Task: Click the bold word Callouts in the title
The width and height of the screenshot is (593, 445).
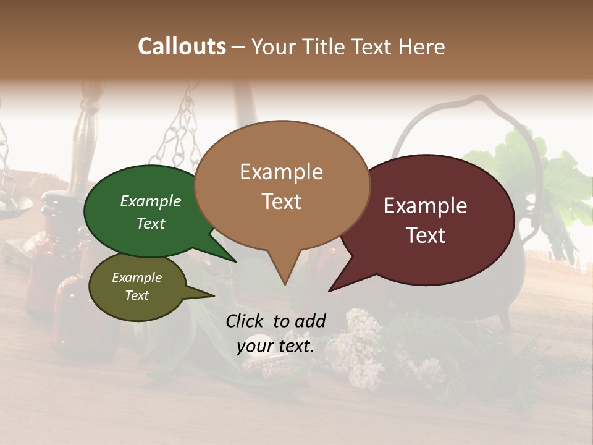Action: point(182,46)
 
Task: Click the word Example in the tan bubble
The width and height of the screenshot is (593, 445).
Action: point(281,171)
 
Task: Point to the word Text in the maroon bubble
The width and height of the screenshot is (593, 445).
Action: point(426,235)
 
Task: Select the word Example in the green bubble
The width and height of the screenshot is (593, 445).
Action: point(150,201)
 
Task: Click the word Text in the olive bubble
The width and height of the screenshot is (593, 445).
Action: point(137,295)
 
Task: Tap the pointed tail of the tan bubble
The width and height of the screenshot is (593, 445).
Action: point(283,278)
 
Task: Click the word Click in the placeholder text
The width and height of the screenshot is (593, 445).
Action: point(246,321)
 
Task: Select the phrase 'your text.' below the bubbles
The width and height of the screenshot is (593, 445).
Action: point(275,346)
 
